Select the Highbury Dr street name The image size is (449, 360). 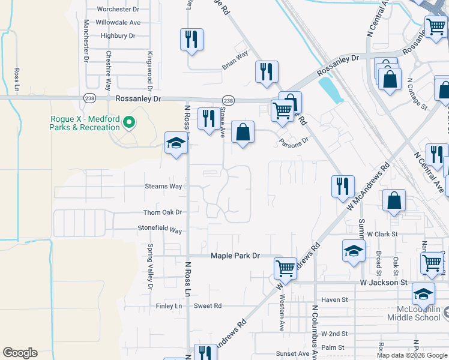(118, 35)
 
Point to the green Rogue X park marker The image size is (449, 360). (128, 123)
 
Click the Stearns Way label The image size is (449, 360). (163, 186)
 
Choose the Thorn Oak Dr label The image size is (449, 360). (162, 212)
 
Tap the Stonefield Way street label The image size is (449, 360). (160, 230)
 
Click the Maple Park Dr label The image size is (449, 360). (235, 256)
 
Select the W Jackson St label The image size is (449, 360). (384, 282)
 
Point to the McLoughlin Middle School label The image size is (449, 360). (414, 313)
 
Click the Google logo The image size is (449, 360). (20, 353)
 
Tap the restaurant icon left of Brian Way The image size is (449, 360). (191, 40)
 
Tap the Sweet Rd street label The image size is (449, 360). (208, 305)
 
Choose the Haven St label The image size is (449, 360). (334, 299)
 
